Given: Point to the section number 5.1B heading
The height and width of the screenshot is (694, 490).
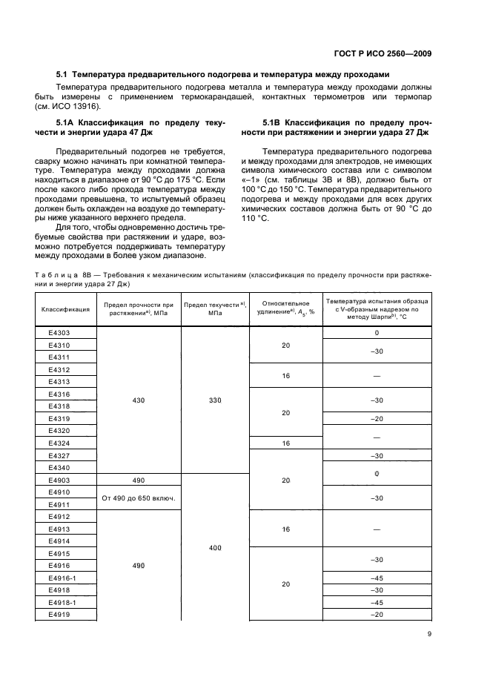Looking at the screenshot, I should coord(276,121).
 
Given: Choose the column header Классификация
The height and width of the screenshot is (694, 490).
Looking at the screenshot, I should coord(65,310).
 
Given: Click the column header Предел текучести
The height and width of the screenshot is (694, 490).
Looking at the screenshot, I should coord(215,310).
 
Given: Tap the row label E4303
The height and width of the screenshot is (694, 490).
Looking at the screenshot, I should coord(59,333).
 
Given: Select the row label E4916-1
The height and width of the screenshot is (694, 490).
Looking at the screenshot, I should coord(62,578).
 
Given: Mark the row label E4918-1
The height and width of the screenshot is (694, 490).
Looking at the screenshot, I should coord(62,602).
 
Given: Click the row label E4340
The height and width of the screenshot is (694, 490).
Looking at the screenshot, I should coord(59,467).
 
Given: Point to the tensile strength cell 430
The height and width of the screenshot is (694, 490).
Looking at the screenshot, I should coord(139,400).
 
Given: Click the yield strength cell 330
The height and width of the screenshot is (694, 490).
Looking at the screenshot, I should coord(215,400).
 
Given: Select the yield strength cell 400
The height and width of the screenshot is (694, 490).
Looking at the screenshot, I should coord(215,547).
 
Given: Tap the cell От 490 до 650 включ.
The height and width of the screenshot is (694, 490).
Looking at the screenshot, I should coord(139,498).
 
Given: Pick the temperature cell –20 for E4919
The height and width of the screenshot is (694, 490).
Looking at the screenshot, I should coord(376,614).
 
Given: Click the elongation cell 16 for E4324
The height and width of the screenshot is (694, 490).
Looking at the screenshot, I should coord(285,443).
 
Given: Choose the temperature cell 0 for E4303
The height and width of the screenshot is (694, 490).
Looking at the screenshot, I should coord(376,333).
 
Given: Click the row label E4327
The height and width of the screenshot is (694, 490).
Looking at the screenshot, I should coord(59,455).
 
